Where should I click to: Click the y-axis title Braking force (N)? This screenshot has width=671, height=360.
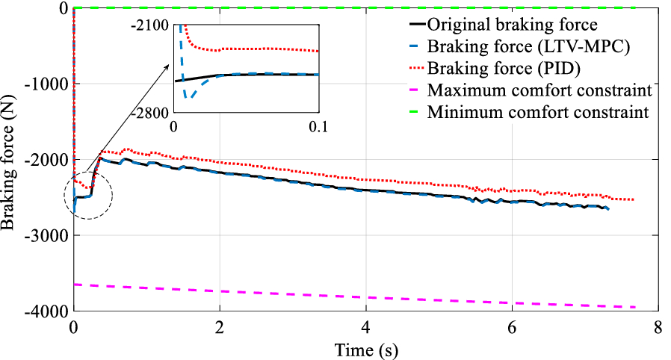(x=10, y=158)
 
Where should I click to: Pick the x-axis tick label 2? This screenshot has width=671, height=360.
(x=219, y=328)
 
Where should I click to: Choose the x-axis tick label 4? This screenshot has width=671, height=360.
(x=365, y=328)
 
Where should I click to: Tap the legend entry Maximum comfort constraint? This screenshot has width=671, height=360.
(x=539, y=92)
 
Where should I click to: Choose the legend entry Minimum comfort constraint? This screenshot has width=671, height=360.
(x=538, y=114)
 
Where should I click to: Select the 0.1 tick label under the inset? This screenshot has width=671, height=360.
(x=318, y=126)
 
